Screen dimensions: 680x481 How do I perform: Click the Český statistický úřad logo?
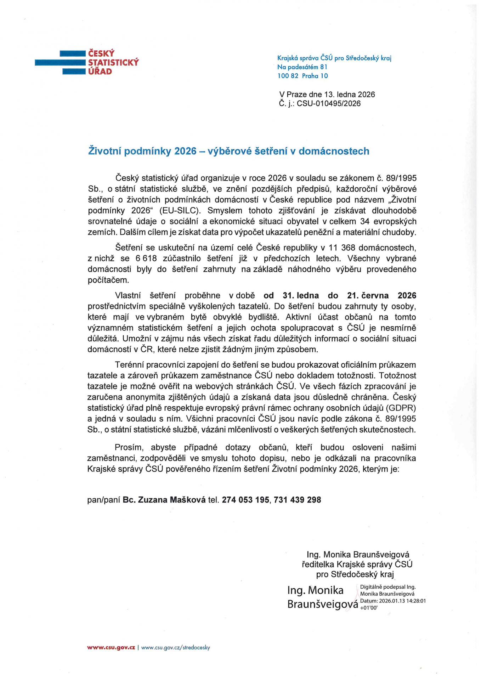pos(87,62)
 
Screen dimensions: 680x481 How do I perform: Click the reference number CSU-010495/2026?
pos(328,103)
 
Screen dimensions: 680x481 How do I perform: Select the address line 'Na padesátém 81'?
pos(302,67)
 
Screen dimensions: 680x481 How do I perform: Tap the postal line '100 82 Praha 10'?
pos(302,76)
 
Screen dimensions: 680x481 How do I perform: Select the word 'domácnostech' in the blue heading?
pos(334,151)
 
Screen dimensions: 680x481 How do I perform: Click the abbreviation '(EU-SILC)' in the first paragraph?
pos(180,211)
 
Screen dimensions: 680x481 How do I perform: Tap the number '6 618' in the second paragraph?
pos(146,259)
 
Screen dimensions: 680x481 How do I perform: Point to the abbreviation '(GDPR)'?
pos(401,408)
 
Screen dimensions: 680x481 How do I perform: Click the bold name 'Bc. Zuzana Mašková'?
pos(164,500)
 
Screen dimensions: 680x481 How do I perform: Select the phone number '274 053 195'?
pos(245,500)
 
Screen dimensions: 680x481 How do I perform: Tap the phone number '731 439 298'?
pos(298,500)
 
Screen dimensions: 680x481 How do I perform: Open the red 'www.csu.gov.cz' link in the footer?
pos(111,647)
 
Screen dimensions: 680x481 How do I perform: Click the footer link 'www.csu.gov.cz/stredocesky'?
pos(176,647)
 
